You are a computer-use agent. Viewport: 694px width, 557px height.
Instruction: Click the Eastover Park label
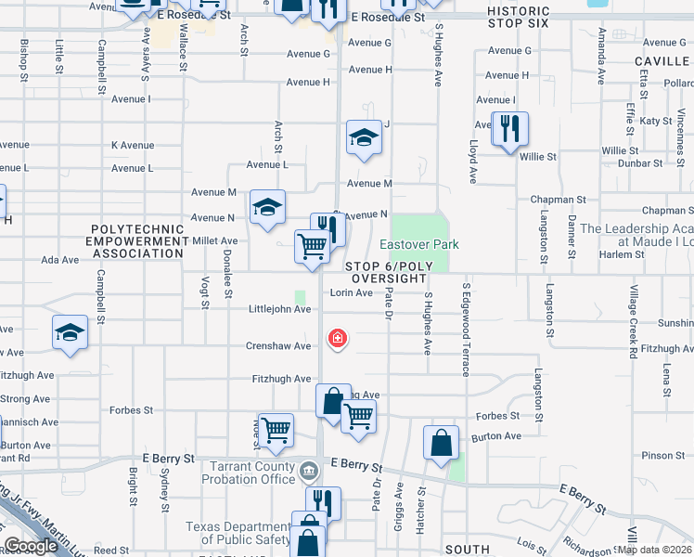coord(420,244)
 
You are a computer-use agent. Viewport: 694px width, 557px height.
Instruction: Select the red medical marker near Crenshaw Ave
coord(338,338)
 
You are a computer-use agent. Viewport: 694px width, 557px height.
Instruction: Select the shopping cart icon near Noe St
coord(276,430)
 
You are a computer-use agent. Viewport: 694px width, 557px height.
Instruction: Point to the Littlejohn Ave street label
coord(279,309)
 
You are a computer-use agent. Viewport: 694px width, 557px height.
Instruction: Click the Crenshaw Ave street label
coord(278,346)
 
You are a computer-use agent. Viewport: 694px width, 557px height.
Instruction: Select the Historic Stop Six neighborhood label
coord(518,18)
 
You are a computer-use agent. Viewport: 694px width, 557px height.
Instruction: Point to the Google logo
coord(31,546)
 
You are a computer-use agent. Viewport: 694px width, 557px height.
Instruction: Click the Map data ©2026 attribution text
coord(654,550)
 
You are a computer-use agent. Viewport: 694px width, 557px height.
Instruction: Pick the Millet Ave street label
coord(214,240)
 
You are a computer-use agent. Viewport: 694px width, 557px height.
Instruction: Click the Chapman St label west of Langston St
coord(558,200)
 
